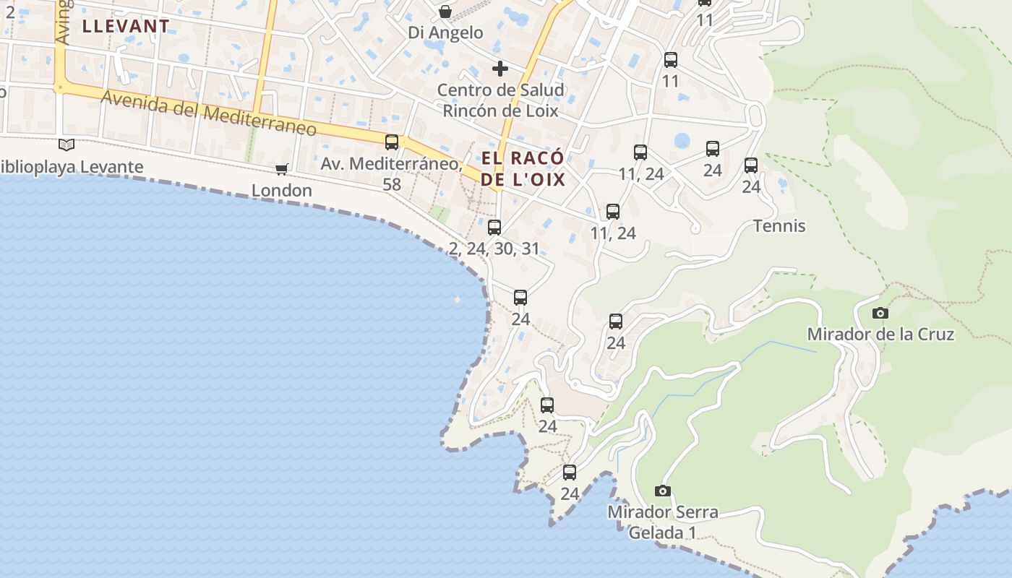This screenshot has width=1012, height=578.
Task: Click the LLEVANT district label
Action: click(x=126, y=27)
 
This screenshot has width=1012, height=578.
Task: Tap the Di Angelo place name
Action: click(x=445, y=33)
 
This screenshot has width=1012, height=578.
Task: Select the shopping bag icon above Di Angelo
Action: click(x=445, y=12)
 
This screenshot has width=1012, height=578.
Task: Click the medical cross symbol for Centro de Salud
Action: click(x=499, y=69)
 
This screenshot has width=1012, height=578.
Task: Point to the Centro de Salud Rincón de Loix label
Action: click(x=500, y=101)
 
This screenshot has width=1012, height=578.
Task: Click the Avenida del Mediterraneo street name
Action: click(x=209, y=113)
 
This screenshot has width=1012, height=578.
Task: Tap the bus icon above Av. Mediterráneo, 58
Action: click(x=392, y=142)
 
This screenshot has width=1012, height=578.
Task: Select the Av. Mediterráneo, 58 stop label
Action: click(x=391, y=174)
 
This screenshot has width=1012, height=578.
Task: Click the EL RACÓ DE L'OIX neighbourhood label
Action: click(x=523, y=169)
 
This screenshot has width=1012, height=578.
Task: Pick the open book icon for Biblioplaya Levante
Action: click(x=67, y=145)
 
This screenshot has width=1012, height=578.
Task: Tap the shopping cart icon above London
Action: click(x=282, y=169)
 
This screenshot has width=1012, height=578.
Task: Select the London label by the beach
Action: click(x=282, y=191)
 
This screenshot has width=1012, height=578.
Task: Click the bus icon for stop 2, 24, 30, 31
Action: click(x=494, y=228)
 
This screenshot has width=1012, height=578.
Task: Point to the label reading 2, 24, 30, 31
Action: click(x=494, y=249)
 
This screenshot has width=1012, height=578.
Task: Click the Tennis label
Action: click(x=779, y=226)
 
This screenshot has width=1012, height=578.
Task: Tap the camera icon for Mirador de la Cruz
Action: click(x=880, y=313)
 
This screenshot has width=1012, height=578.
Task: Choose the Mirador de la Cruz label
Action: click(x=880, y=335)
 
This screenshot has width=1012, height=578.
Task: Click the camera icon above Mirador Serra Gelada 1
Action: click(x=662, y=491)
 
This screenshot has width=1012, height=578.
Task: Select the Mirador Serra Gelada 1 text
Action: click(x=662, y=522)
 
